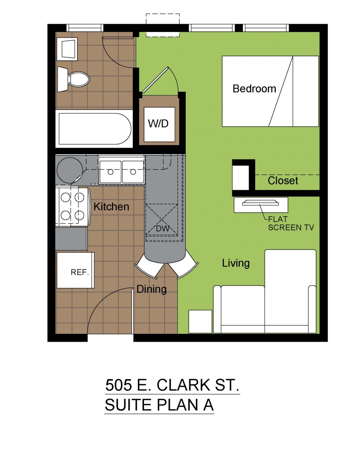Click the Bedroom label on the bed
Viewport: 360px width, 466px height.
(255, 89)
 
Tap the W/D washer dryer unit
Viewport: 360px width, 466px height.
(159, 124)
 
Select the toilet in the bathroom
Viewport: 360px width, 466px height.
(73, 79)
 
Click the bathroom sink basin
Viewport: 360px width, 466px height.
(67, 49)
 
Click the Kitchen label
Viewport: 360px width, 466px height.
(112, 207)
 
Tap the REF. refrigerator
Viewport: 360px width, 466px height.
(76, 270)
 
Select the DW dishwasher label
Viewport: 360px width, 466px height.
(163, 229)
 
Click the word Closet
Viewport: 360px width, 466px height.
(283, 180)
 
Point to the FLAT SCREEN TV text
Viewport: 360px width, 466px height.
(291, 223)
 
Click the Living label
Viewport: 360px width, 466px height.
(236, 263)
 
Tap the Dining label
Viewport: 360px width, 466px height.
(152, 289)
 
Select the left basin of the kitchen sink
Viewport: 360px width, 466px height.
(111, 172)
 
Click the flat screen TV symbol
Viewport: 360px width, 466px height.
(261, 203)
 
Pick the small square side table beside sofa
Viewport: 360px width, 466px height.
(200, 321)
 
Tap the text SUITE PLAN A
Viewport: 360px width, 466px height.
(159, 405)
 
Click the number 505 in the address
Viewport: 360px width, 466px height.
(118, 385)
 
